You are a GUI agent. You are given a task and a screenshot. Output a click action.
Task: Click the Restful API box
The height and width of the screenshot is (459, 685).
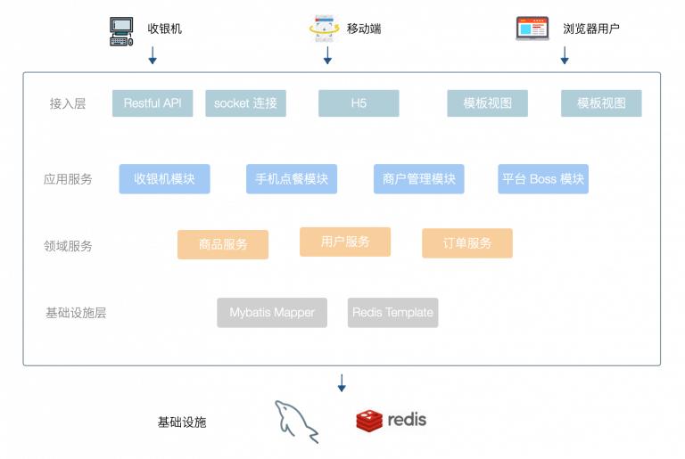[153, 103]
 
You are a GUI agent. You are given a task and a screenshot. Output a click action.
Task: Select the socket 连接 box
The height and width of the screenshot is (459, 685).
[245, 103]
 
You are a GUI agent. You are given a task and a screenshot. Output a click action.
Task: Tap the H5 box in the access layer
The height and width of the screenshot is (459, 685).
[359, 103]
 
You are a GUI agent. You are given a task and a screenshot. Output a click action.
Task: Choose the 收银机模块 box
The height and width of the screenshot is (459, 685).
[164, 179]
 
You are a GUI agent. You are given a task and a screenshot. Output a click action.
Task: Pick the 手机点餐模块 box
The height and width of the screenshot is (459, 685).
[292, 179]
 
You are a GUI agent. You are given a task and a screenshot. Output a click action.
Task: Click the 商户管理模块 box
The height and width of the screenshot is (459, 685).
[418, 179]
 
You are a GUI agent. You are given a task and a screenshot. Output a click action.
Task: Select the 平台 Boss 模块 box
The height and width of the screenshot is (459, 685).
[543, 179]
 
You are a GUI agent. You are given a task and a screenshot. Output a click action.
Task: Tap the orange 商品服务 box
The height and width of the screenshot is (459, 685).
[223, 244]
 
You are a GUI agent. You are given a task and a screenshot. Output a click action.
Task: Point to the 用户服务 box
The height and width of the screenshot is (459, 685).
[345, 242]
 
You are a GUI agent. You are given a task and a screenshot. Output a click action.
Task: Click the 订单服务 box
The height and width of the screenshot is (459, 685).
[467, 243]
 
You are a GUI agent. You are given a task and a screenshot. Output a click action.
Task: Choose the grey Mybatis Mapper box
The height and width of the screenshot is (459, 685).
[272, 313]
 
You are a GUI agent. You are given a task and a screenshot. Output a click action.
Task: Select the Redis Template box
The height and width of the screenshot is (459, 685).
[392, 313]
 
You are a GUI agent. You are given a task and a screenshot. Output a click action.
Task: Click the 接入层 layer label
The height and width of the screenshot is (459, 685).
[68, 103]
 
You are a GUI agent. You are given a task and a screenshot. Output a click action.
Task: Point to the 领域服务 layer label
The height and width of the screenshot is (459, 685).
[68, 246]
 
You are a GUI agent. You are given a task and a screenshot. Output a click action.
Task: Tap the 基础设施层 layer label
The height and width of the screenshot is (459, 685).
[76, 314]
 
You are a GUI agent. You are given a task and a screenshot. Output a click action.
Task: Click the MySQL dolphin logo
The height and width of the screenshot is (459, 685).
[297, 420]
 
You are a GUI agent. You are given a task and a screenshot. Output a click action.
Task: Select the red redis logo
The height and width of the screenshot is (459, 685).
[369, 421]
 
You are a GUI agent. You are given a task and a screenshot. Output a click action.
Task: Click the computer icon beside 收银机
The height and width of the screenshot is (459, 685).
[121, 31]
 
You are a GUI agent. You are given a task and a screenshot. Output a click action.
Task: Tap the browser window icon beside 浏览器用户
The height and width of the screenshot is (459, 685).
[532, 29]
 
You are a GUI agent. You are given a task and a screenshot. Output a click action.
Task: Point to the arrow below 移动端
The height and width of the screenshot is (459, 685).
[327, 55]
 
